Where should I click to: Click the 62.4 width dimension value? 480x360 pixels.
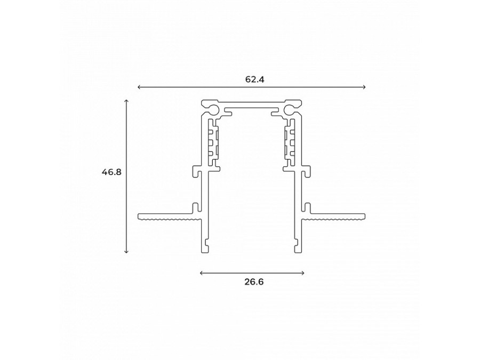tap(255, 79)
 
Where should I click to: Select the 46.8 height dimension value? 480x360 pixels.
tap(111, 172)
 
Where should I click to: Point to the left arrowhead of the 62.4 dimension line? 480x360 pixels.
tap(139, 87)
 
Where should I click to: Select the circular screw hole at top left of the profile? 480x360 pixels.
tap(213, 110)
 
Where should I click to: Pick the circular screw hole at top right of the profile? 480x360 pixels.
tap(290, 110)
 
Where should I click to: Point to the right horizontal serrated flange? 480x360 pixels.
tap(336, 217)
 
